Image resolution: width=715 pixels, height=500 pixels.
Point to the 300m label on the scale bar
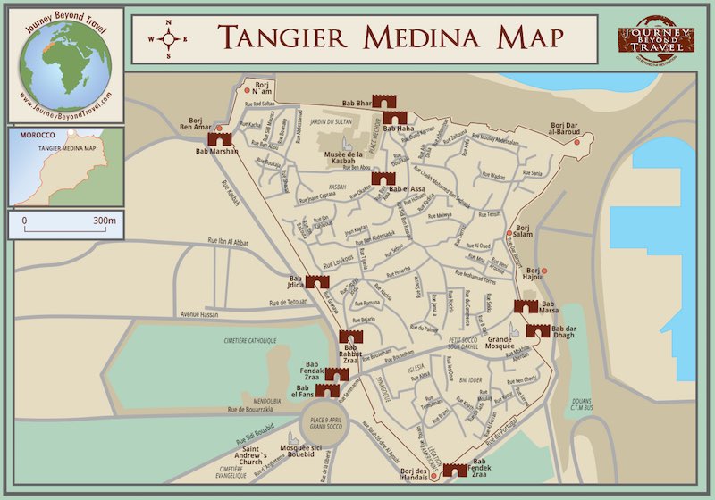(x=105, y=220)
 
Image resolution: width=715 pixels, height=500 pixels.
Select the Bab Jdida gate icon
(x=317, y=281)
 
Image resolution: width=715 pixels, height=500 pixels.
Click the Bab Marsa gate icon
(x=526, y=306)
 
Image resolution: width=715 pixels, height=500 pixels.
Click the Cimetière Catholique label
(x=223, y=340)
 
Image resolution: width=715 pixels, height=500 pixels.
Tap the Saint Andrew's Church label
(x=242, y=456)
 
